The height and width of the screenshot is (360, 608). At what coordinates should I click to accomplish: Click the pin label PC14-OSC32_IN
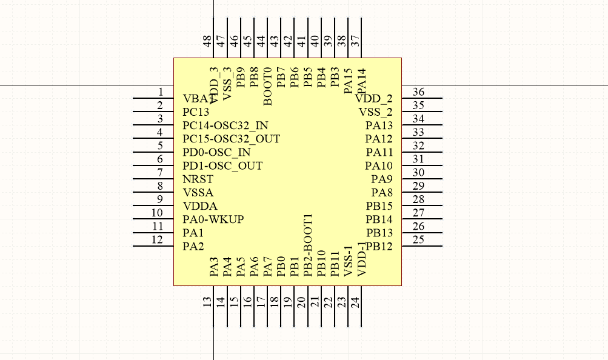225,126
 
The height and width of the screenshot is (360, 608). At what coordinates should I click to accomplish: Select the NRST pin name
198,179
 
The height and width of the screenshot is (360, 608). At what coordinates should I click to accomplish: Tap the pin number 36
418,92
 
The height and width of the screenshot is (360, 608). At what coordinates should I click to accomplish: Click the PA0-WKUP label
213,219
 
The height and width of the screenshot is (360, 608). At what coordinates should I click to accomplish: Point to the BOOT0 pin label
267,87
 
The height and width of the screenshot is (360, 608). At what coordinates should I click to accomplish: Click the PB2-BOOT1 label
307,245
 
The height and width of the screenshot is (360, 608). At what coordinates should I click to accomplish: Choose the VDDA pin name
199,206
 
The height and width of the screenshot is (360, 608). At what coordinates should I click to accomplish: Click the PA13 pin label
379,125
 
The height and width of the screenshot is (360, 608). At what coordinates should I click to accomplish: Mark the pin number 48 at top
207,41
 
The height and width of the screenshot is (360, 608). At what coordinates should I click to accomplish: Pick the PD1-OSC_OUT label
222,166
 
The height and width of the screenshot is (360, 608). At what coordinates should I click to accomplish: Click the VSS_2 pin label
375,112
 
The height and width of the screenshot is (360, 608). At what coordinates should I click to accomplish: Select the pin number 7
160,173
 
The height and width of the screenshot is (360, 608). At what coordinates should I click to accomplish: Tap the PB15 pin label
379,206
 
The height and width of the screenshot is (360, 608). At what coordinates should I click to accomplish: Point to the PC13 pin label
196,113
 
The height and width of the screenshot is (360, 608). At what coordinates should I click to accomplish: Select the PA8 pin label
382,193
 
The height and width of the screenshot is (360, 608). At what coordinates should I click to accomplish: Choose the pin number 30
418,173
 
